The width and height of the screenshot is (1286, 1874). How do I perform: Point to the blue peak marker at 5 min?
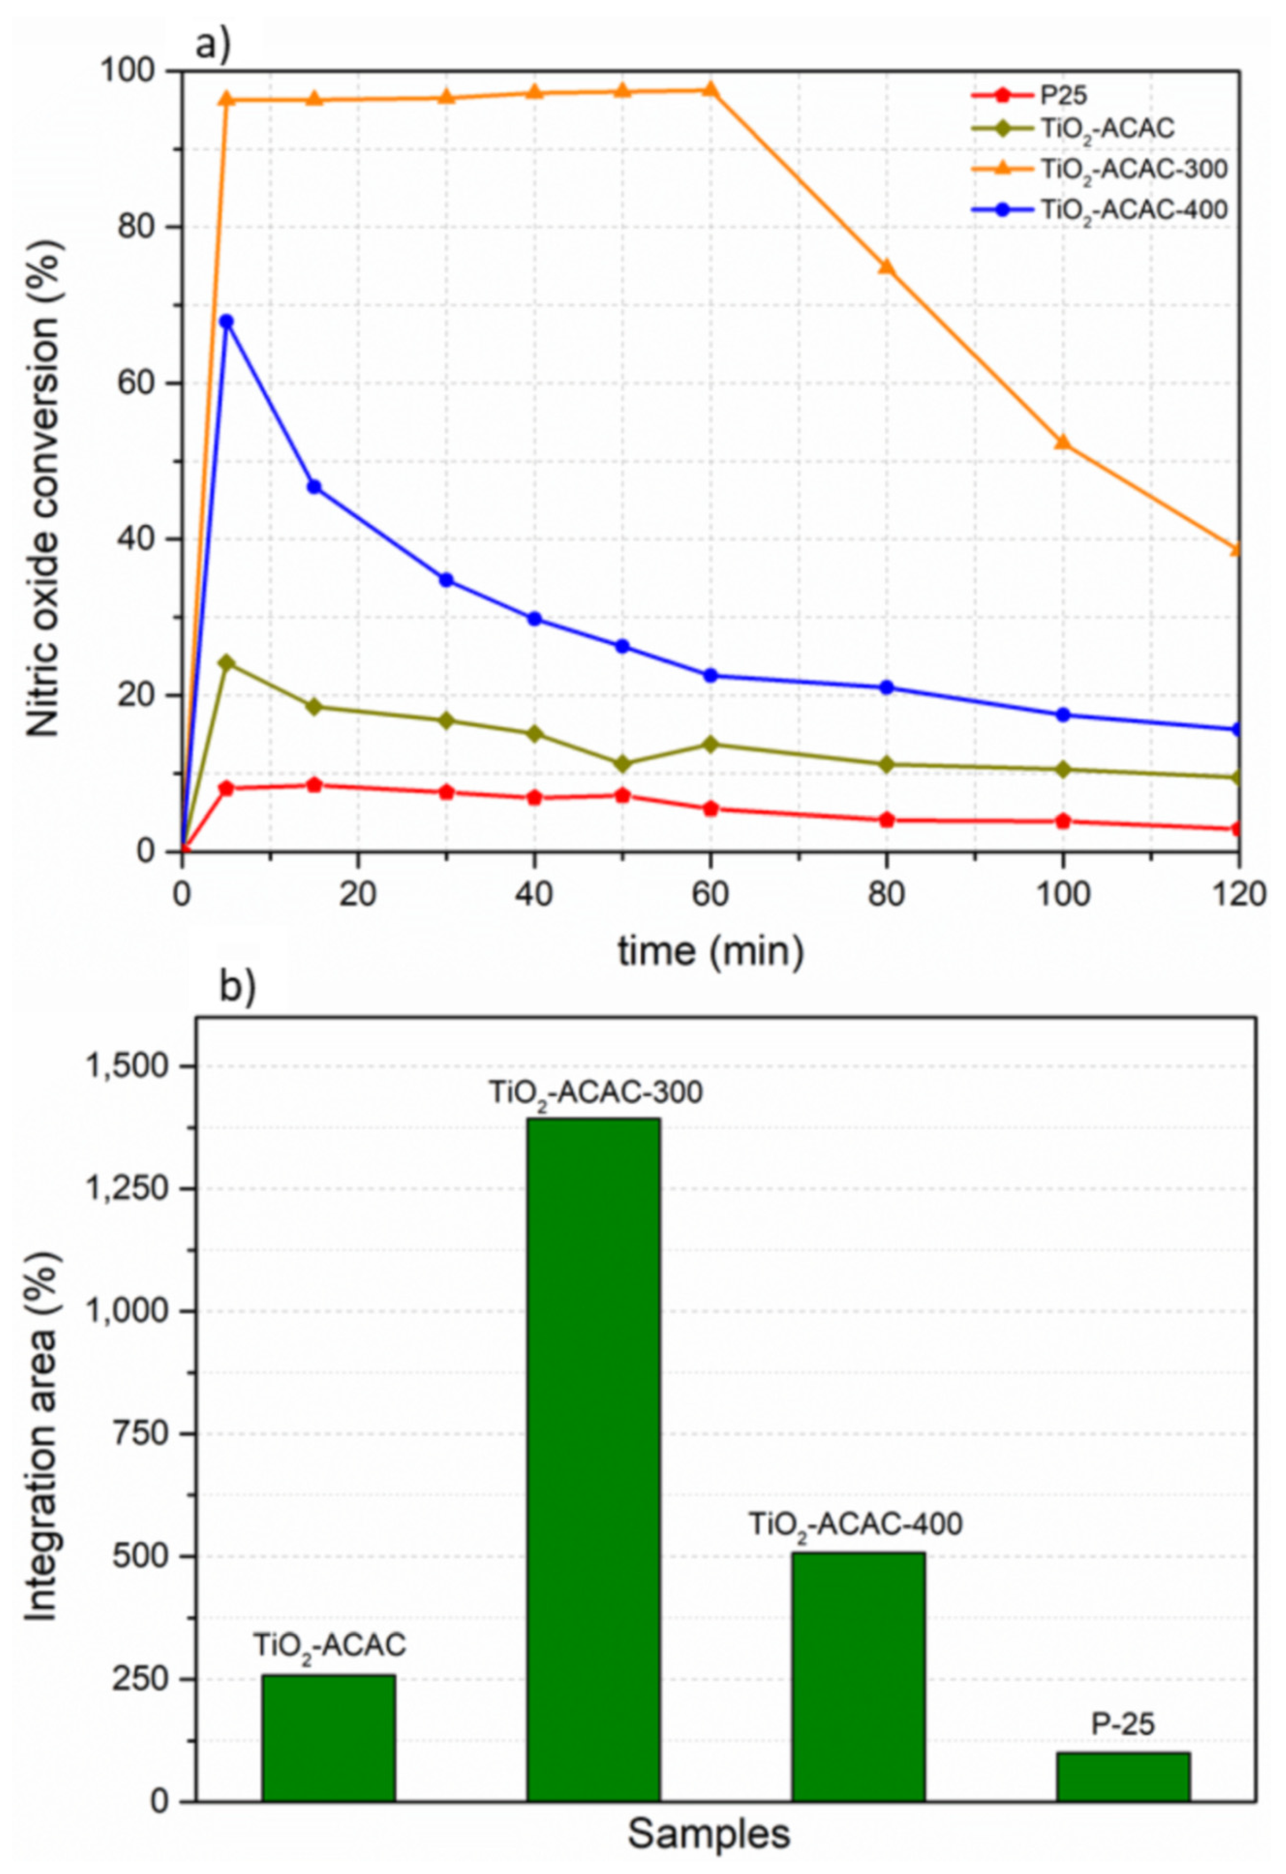coord(227,321)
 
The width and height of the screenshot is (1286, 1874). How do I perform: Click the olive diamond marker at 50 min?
coord(622,763)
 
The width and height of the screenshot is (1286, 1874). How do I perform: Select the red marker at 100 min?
coord(1063,821)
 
